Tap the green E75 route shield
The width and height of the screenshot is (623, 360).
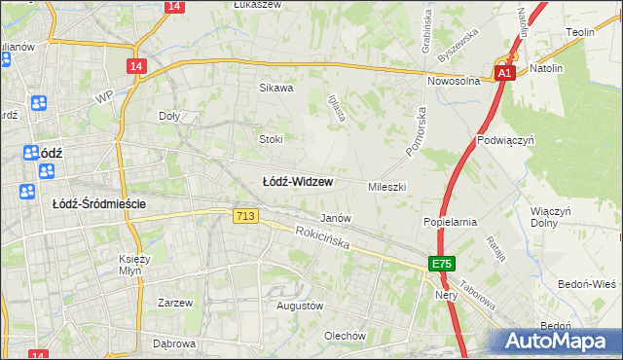coord(443,264)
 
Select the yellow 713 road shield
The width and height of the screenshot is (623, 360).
coord(245,216)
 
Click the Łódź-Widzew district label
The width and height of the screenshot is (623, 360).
coord(298,182)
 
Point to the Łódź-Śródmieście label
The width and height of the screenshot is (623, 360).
coord(98,203)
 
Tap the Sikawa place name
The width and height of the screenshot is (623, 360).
coord(275,88)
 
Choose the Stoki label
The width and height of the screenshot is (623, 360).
coord(271,139)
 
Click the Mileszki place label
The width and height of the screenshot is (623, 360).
coord(386,186)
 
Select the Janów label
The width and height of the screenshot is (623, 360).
coord(335,218)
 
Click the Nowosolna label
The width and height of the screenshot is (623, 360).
coord(459,82)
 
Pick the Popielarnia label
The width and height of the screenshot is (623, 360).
coord(450,222)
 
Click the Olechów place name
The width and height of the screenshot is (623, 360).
coord(345,336)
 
